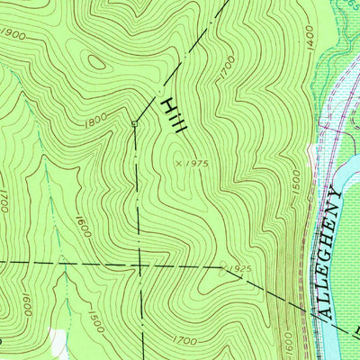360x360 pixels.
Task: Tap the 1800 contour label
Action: [97, 118]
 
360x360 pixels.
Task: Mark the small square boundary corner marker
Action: [134, 123]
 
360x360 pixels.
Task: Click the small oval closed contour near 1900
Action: [94, 63]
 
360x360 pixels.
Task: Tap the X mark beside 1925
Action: [222, 267]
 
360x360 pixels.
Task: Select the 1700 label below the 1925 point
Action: [184, 340]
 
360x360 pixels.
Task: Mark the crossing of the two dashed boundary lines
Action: [139, 265]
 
